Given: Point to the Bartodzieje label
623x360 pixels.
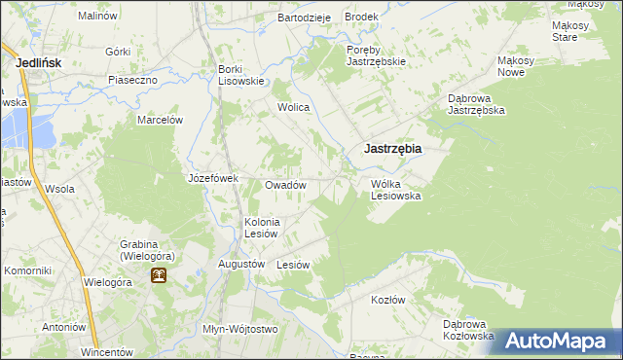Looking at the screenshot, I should point(305,18).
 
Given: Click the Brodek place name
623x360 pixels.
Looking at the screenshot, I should point(361,18).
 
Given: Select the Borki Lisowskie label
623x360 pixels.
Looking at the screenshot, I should point(241,75).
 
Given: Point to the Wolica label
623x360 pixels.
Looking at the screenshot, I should point(293,107).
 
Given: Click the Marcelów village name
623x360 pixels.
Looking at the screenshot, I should point(161,120).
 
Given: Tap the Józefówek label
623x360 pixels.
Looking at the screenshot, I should point(213,178).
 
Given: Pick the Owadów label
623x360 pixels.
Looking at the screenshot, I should point(286,185).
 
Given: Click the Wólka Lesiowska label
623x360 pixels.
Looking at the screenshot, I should point(395,189).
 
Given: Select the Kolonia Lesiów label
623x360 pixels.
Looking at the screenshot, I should point(262,228).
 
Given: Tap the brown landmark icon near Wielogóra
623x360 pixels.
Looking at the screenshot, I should point(158,275).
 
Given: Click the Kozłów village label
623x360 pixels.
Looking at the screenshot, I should point(387,300).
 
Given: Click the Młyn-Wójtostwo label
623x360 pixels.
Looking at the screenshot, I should point(239,329).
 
